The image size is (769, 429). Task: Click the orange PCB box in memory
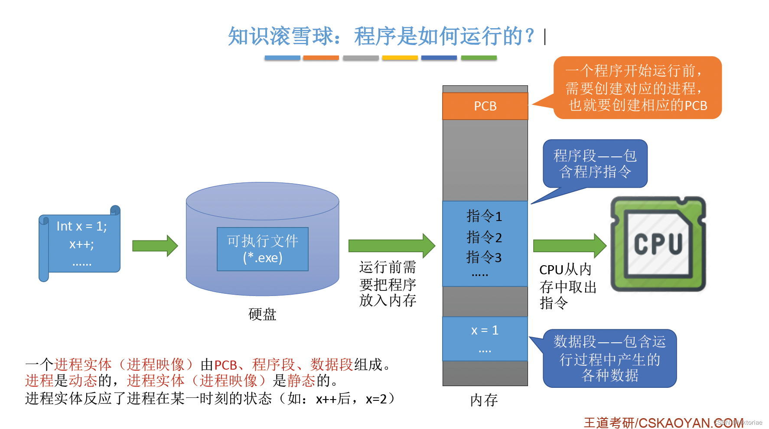pos(485,106)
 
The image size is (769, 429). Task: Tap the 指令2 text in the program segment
pos(484,237)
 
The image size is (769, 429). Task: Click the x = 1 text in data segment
pos(485,330)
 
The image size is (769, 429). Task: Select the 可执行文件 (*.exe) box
pos(263,249)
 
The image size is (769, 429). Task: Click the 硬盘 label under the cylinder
pos(262,314)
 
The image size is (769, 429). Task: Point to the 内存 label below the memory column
pos(484,400)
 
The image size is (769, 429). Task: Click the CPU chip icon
pos(658,244)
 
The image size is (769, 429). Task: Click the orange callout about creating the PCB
pos(637,88)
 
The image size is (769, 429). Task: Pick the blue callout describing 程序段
pos(595,164)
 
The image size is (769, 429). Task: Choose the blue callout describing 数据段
pos(609,358)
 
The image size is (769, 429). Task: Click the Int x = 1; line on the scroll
pos(81,226)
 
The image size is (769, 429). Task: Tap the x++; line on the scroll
pos(81,244)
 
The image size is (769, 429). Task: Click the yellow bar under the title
pos(400,58)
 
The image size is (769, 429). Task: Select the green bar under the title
pos(479,58)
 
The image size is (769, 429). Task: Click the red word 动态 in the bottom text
pos(83,380)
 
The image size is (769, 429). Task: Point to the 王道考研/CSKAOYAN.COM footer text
pos(663,422)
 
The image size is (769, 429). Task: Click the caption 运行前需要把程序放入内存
pos(388,284)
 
